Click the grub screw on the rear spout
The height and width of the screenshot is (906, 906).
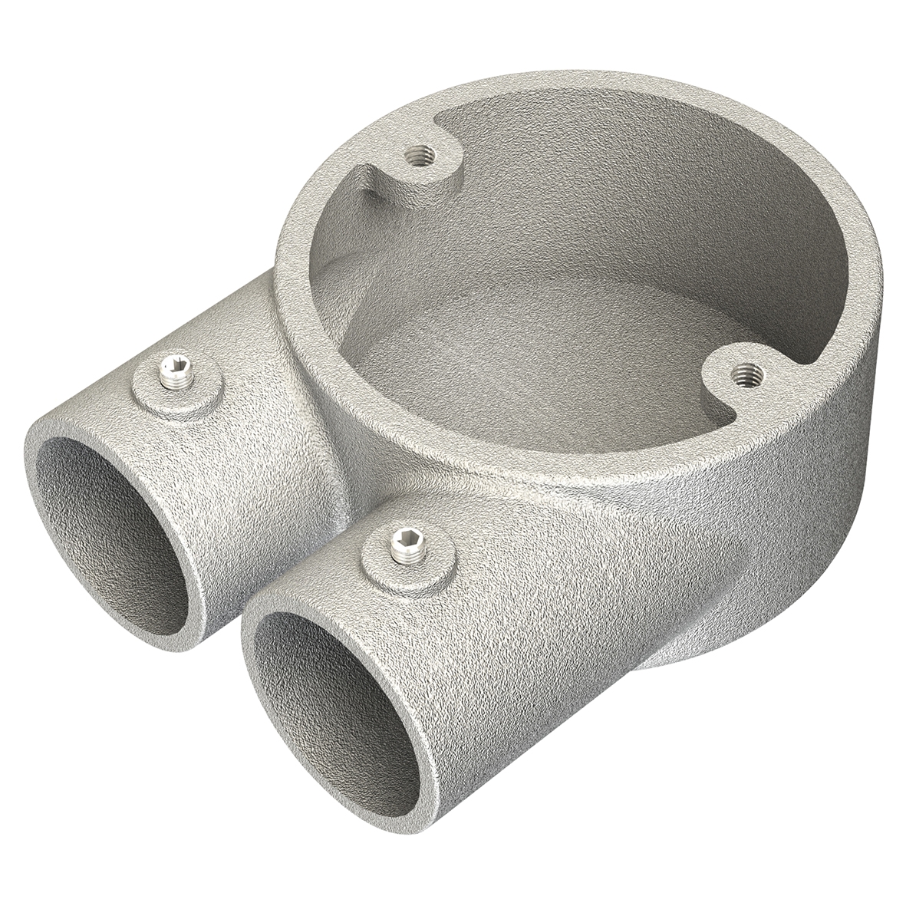coord(176,374)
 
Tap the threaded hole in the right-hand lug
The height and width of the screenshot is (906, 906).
coord(742,375)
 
